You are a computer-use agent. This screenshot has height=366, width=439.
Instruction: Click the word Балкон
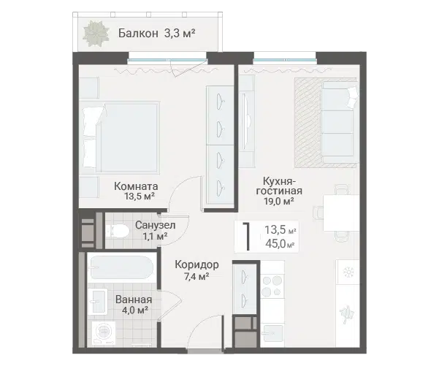[138, 34]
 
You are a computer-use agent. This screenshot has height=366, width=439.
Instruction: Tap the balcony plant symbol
[96, 34]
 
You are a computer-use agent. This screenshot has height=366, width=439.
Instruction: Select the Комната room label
[136, 186]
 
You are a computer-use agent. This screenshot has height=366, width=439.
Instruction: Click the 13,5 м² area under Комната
[140, 196]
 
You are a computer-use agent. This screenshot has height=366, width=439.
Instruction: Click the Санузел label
[155, 225]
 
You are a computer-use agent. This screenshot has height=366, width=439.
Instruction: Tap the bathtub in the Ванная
[122, 267]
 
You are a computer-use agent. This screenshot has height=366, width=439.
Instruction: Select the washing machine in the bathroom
[104, 332]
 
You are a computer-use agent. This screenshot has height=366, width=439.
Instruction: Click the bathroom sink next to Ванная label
[97, 301]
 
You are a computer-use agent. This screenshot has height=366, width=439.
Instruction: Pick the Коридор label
[196, 264]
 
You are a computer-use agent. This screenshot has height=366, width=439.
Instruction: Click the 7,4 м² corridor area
[196, 277]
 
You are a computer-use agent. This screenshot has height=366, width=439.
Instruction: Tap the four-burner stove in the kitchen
[272, 286]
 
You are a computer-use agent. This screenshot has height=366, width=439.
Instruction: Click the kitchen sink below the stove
[272, 333]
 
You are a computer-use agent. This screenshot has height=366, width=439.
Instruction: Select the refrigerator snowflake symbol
[348, 272]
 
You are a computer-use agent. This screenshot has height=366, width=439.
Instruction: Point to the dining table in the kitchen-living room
[341, 213]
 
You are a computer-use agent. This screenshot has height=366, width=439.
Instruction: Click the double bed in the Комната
[120, 137]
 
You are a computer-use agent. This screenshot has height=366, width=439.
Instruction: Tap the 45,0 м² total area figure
[280, 243]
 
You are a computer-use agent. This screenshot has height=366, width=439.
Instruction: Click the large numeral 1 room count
[247, 237]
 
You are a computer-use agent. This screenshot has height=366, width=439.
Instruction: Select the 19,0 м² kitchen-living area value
[279, 201]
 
